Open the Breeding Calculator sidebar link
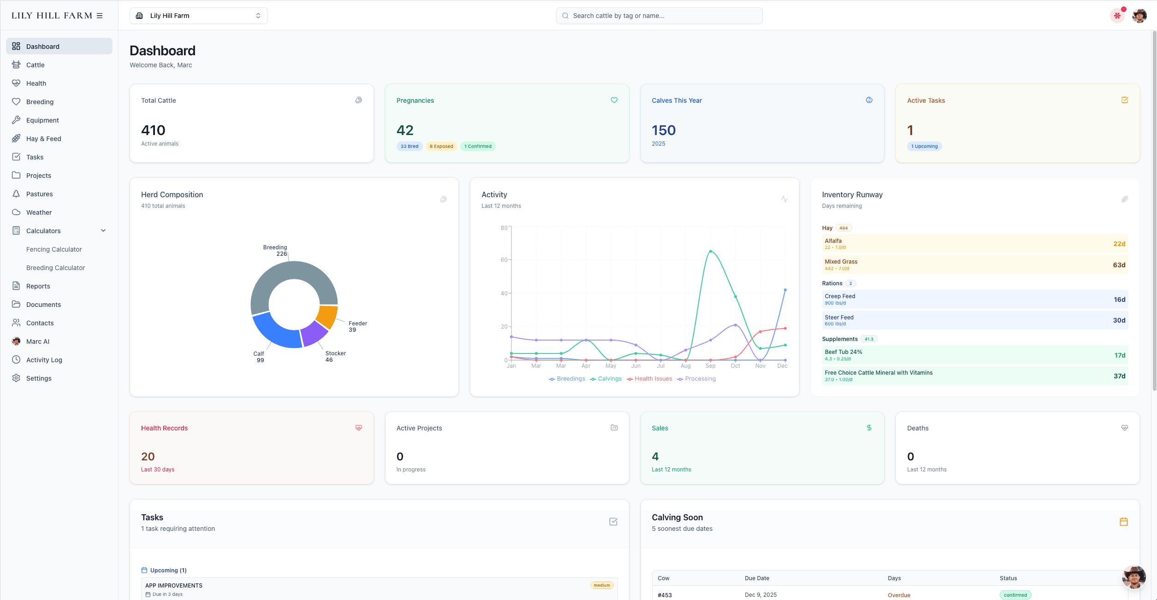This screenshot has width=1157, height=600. (55, 268)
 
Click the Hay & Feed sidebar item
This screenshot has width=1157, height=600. (43, 139)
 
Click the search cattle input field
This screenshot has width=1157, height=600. (659, 16)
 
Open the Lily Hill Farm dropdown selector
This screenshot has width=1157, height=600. (199, 16)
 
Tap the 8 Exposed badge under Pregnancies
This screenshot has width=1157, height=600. (441, 147)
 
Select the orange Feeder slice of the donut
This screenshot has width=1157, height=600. (328, 316)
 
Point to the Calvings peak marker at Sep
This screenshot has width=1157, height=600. (711, 251)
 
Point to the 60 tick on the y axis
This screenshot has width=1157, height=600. (504, 260)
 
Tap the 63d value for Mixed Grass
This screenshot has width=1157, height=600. (1119, 265)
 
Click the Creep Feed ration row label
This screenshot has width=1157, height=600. (840, 296)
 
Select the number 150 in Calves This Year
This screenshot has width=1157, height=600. (664, 130)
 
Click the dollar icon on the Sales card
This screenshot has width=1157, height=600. (869, 428)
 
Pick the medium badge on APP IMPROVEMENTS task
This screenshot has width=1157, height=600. (602, 585)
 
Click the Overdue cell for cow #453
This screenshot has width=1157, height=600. (899, 595)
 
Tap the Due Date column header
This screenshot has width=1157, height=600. (757, 578)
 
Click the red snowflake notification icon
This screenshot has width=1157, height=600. (1117, 16)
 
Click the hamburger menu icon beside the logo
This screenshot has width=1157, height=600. (100, 16)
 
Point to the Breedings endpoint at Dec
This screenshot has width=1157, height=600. (785, 290)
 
